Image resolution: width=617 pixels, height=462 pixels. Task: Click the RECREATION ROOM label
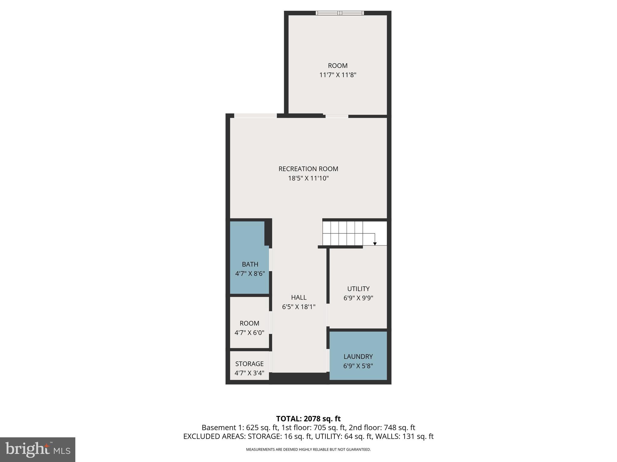click(x=308, y=169)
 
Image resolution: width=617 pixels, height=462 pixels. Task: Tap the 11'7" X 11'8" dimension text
click(x=338, y=75)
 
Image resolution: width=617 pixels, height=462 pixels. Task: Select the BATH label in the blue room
click(x=250, y=264)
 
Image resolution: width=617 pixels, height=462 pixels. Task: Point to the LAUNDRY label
click(x=358, y=356)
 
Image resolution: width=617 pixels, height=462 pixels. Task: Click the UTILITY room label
click(x=358, y=289)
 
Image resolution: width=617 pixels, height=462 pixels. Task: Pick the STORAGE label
click(x=249, y=364)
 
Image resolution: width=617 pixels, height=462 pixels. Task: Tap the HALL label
click(x=299, y=297)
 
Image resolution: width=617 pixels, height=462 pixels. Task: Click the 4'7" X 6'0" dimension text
click(x=249, y=333)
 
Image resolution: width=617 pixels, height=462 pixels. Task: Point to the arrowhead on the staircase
click(x=375, y=244)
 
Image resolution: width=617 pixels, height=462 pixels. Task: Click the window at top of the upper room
click(x=340, y=13)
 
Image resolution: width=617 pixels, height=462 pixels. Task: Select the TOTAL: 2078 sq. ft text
click(x=308, y=419)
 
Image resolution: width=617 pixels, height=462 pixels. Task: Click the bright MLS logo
click(x=37, y=449)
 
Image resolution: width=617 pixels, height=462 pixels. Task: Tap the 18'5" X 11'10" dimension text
click(x=308, y=178)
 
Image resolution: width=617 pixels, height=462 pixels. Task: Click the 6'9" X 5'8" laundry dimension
click(x=358, y=366)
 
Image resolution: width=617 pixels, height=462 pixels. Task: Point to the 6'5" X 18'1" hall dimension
click(x=299, y=307)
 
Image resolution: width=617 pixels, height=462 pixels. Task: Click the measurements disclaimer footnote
click(x=308, y=450)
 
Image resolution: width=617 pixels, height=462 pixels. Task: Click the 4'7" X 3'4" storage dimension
click(x=249, y=373)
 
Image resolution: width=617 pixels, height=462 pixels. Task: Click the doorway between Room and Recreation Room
click(x=337, y=116)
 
